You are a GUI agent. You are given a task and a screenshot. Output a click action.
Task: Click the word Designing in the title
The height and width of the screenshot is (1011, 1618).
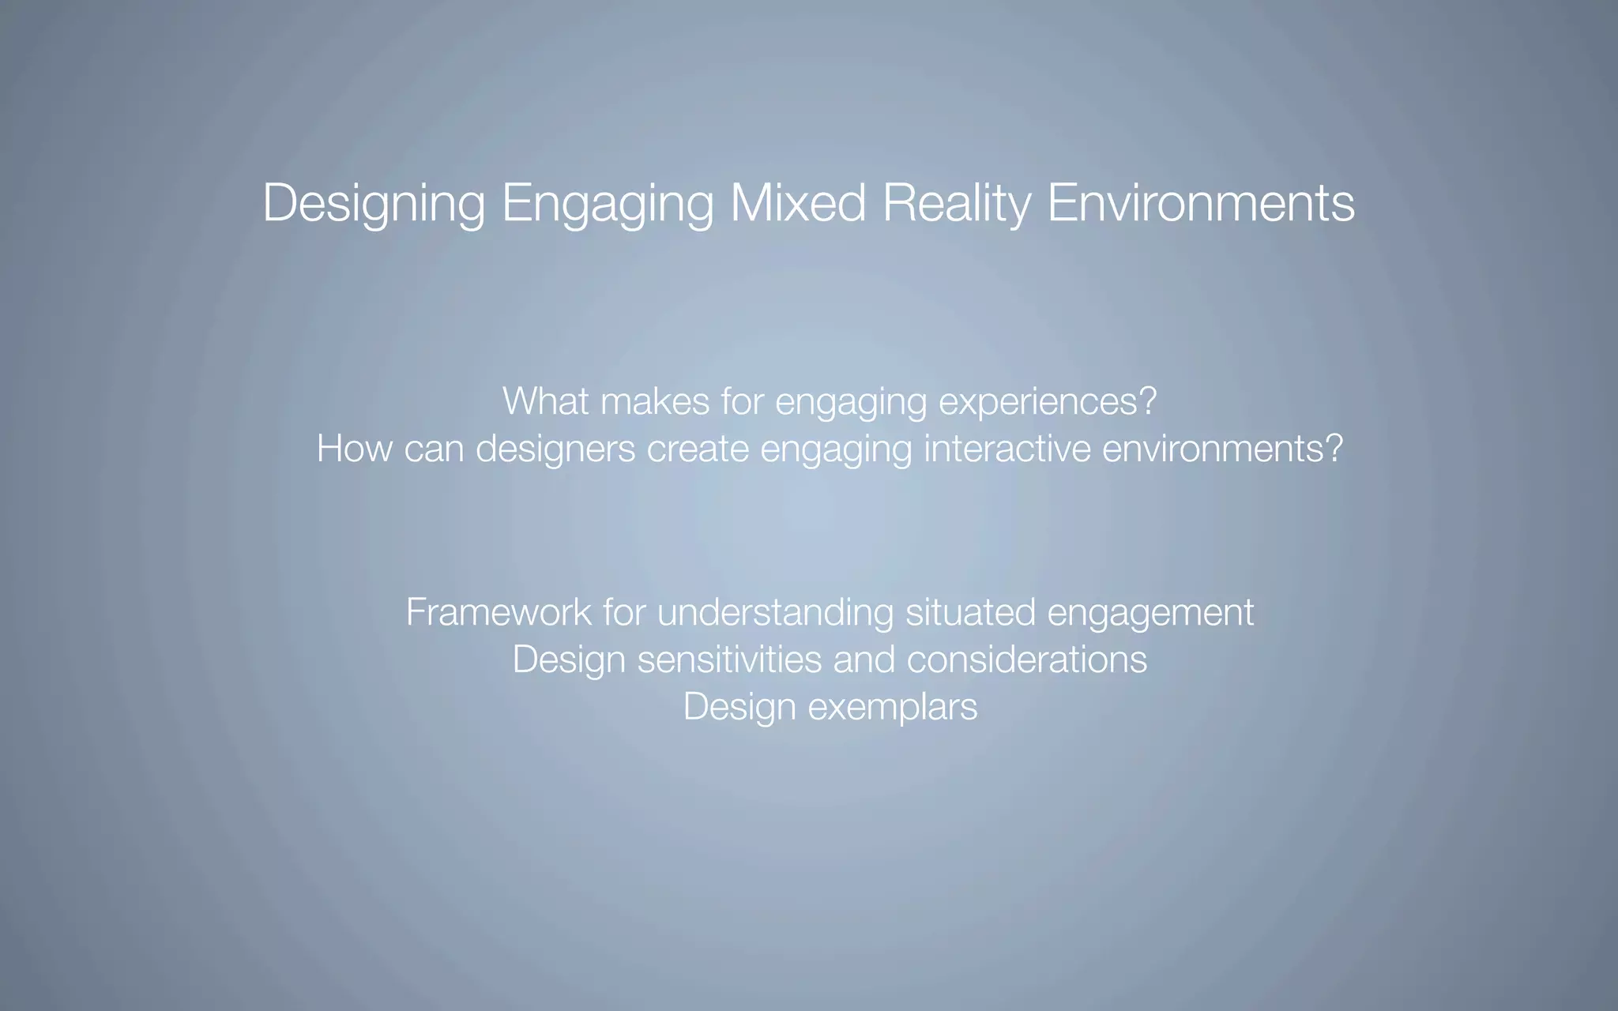pyautogui.click(x=374, y=204)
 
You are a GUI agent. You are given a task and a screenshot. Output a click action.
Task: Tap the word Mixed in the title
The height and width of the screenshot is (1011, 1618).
pyautogui.click(x=798, y=203)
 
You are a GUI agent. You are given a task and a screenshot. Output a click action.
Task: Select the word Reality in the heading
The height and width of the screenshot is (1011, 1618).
pyautogui.click(x=957, y=204)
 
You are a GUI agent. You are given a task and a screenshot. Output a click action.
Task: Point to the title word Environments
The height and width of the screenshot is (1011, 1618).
pyautogui.click(x=1201, y=203)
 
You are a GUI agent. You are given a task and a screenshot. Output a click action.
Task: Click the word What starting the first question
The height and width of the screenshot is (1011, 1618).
pyautogui.click(x=545, y=401)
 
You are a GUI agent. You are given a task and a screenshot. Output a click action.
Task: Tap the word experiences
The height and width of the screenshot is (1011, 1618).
pyautogui.click(x=1040, y=402)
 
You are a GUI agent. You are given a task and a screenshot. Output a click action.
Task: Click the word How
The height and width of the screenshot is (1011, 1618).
pyautogui.click(x=354, y=449)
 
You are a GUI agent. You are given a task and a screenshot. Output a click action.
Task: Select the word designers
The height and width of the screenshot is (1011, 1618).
pyautogui.click(x=555, y=449)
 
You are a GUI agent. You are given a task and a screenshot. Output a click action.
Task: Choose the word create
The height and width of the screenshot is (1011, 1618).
pyautogui.click(x=698, y=449)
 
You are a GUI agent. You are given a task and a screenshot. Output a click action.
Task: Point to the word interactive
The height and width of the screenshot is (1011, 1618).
pyautogui.click(x=1007, y=449)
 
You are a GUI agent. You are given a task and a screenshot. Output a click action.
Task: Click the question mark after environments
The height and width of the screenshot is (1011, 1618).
pyautogui.click(x=1334, y=449)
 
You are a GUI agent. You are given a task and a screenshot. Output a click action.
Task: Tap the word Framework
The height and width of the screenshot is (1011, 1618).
pyautogui.click(x=499, y=612)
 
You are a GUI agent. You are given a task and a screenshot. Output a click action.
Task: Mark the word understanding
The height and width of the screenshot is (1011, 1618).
pyautogui.click(x=775, y=613)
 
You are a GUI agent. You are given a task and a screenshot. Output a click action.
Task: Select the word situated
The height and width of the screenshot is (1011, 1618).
pyautogui.click(x=970, y=612)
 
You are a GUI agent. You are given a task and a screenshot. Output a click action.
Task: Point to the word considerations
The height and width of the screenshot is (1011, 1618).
pyautogui.click(x=1026, y=660)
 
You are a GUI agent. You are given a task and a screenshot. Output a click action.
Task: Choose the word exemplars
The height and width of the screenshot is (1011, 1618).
pyautogui.click(x=893, y=707)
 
